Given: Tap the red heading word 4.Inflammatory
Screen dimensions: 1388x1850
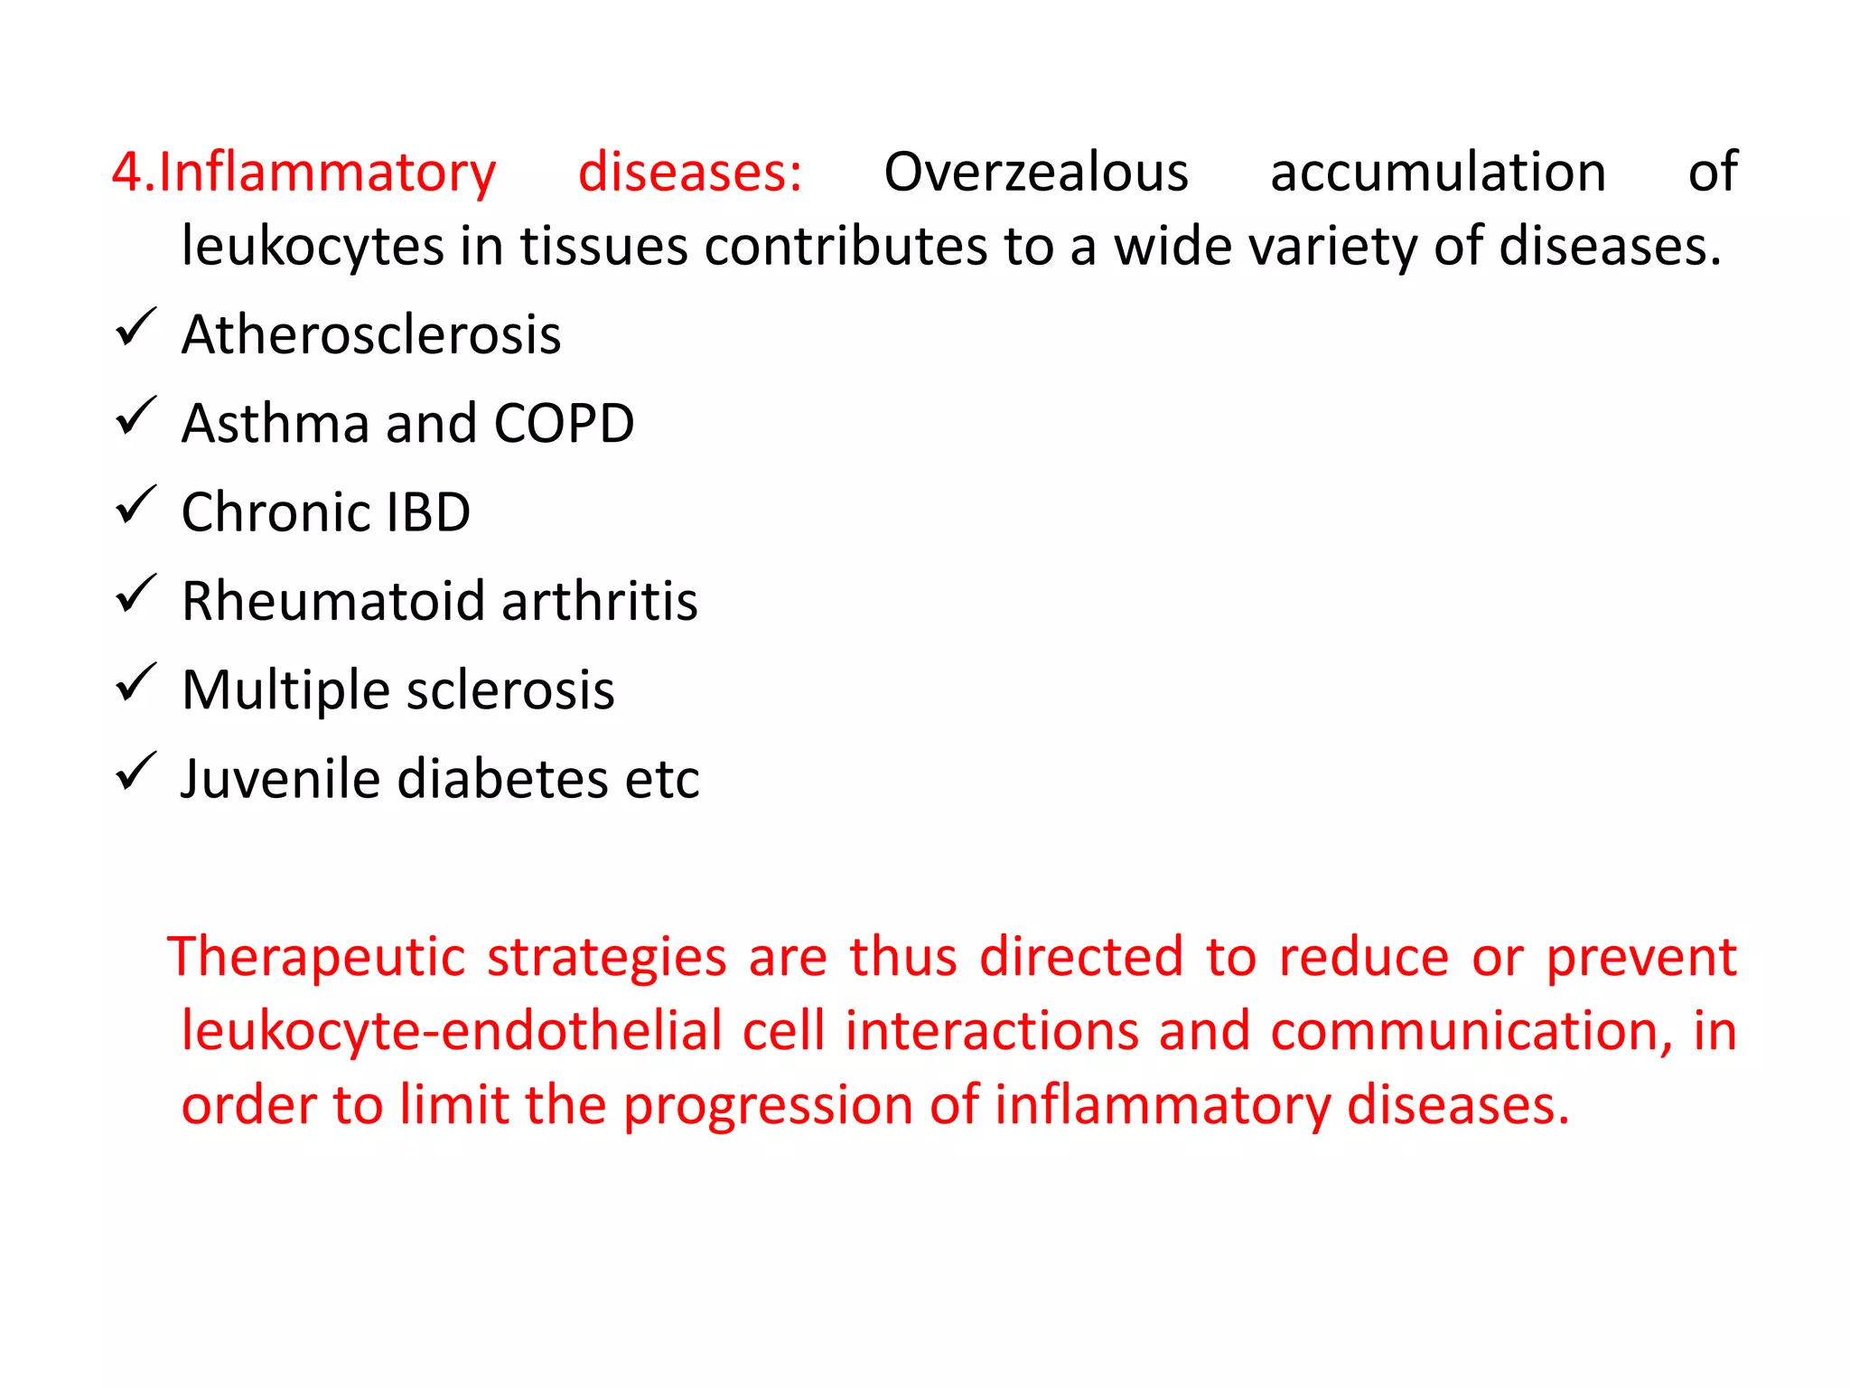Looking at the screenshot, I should (x=304, y=173).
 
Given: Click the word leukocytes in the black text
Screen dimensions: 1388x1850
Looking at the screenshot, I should (x=313, y=248).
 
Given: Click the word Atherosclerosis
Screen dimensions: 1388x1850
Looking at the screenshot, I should (x=371, y=334).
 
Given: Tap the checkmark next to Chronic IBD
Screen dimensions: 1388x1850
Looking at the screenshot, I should (x=136, y=505).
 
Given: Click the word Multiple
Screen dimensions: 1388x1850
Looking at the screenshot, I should (x=285, y=691).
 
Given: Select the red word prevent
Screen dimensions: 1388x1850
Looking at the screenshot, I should (x=1641, y=958).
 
